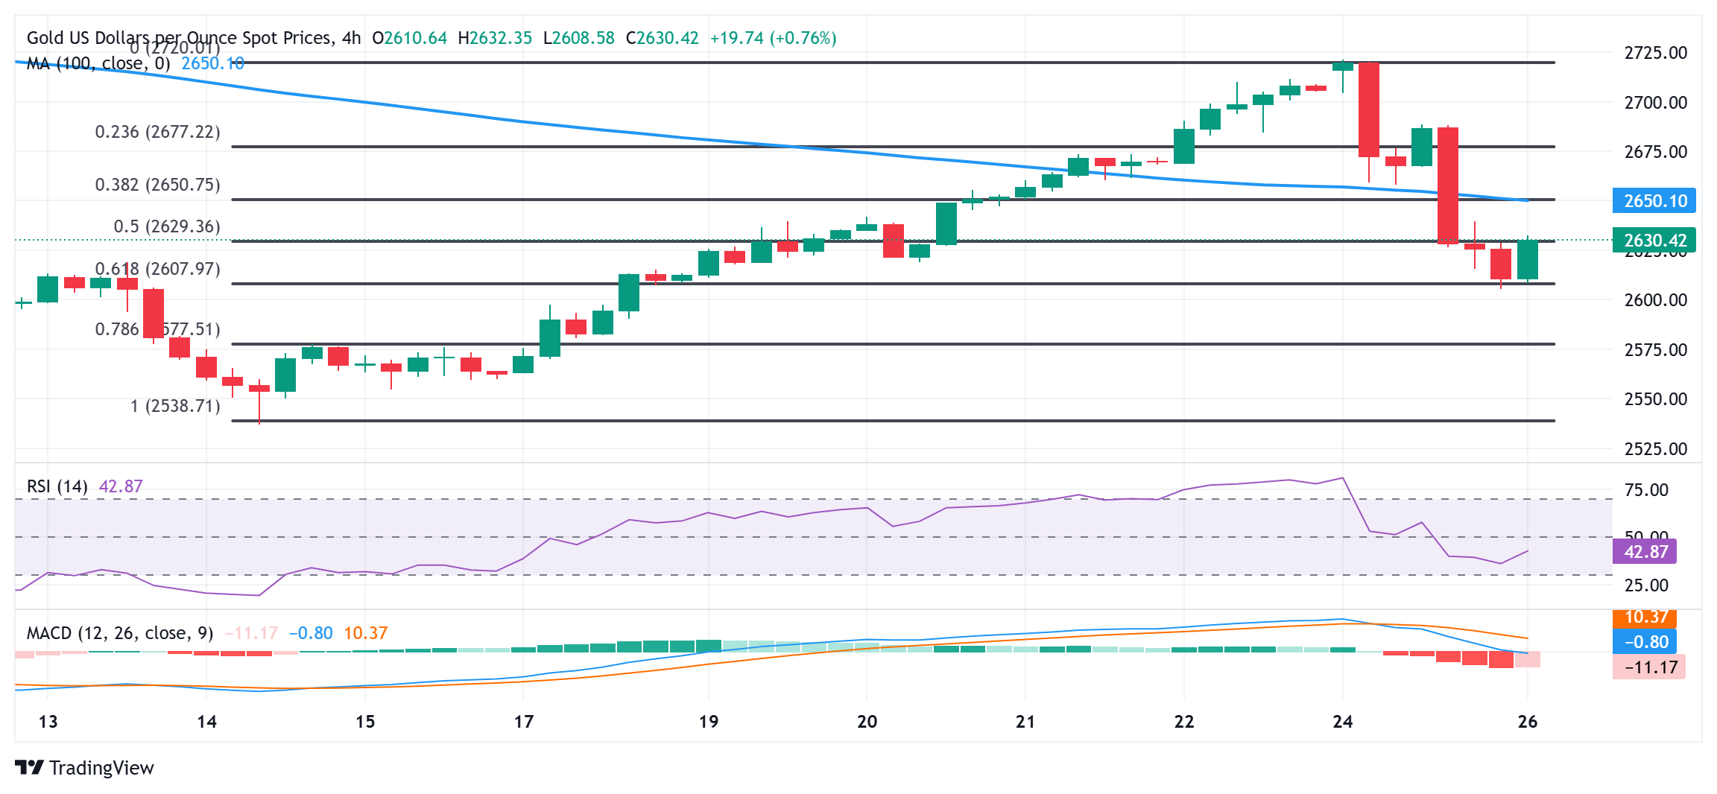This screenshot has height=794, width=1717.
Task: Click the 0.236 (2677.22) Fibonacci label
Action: pyautogui.click(x=157, y=133)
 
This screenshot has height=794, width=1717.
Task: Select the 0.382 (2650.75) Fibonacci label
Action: pyautogui.click(x=157, y=185)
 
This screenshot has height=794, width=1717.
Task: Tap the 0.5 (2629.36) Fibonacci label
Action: pyautogui.click(x=167, y=226)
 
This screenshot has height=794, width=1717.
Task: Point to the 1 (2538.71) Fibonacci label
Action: pyautogui.click(x=175, y=406)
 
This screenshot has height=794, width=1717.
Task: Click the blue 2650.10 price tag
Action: pyautogui.click(x=1654, y=201)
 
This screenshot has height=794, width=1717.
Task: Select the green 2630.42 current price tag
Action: pyautogui.click(x=1654, y=241)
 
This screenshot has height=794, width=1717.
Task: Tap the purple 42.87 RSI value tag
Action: pyautogui.click(x=1645, y=552)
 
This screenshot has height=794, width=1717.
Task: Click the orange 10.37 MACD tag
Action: pyautogui.click(x=1645, y=617)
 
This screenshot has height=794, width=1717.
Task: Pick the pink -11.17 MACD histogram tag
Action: pyautogui.click(x=1649, y=667)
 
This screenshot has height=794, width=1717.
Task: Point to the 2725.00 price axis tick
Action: pyautogui.click(x=1655, y=53)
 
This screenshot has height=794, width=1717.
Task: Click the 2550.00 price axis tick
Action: pyautogui.click(x=1655, y=399)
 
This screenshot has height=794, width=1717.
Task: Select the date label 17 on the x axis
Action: pyautogui.click(x=524, y=722)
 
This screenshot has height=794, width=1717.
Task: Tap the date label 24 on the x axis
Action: pyautogui.click(x=1343, y=722)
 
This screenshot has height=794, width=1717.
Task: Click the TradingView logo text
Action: pyautogui.click(x=101, y=768)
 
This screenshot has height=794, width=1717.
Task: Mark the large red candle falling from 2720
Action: pyautogui.click(x=1369, y=109)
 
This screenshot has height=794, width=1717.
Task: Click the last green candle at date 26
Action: pyautogui.click(x=1528, y=260)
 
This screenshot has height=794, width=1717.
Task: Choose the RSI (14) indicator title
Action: pyautogui.click(x=57, y=486)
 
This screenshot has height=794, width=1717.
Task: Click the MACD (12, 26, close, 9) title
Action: pyautogui.click(x=120, y=633)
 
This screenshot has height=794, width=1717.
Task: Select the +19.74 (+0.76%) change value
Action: pyautogui.click(x=773, y=38)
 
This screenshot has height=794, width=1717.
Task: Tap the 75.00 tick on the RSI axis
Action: pyautogui.click(x=1645, y=490)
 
